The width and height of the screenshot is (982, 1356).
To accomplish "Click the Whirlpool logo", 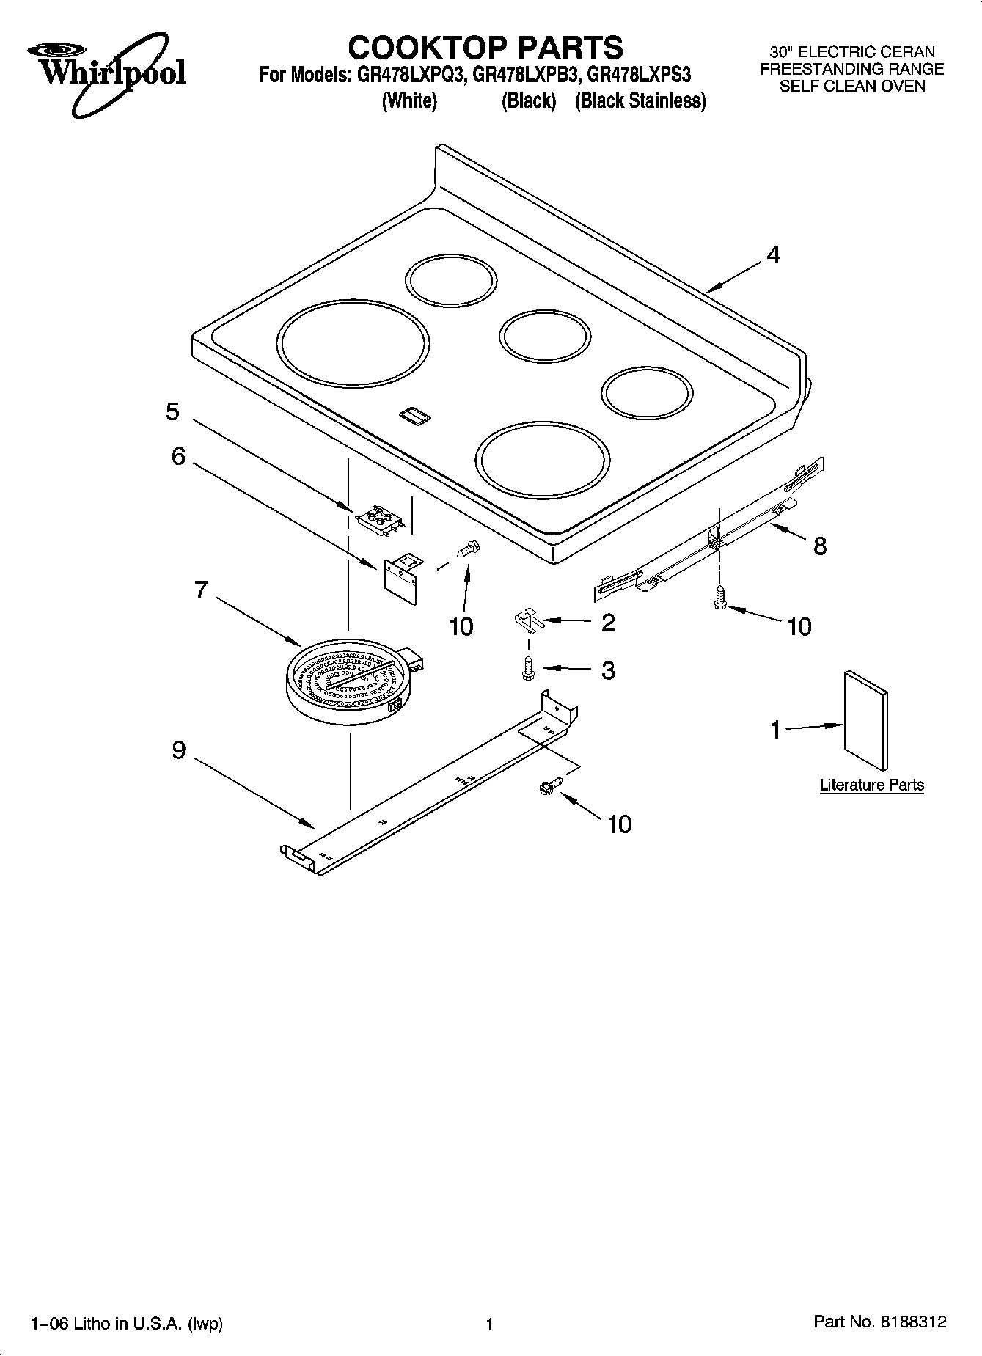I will (107, 74).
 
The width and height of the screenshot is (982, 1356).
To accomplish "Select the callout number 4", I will (773, 255).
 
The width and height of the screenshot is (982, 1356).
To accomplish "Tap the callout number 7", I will (201, 590).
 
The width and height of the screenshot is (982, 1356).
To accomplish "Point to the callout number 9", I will (179, 750).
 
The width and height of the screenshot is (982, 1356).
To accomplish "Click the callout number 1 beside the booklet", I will (776, 730).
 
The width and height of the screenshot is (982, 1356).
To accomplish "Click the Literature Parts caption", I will (871, 785).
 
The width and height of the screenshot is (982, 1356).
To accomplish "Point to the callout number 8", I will (820, 546).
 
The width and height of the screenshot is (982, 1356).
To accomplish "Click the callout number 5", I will (172, 412).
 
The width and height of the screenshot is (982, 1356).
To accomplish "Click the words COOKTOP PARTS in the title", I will (485, 48).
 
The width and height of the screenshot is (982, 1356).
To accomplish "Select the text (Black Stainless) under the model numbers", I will (640, 101).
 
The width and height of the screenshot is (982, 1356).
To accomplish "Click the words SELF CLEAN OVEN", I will (851, 87).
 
